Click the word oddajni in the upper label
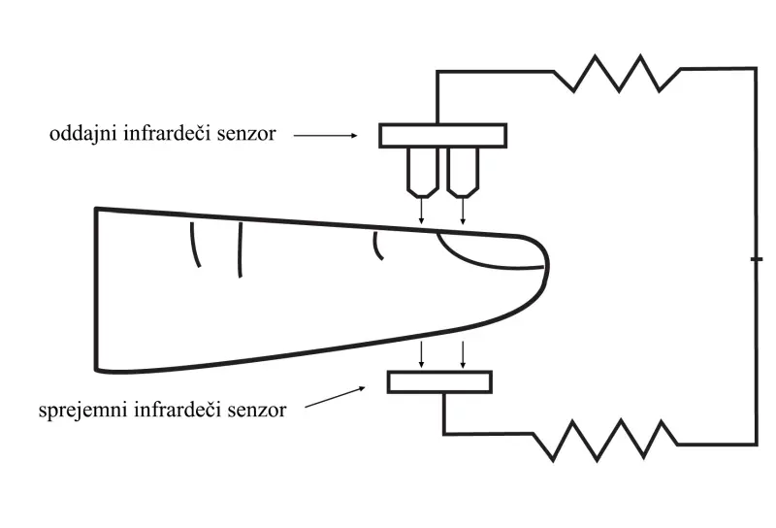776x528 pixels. coord(81,135)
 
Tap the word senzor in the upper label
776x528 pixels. coord(248,135)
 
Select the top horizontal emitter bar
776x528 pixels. coord(441,135)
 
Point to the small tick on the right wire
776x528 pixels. coord(756,260)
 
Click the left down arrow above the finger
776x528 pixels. coord(421,212)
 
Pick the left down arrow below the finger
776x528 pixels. coord(421,355)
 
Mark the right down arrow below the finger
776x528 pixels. coord(463,355)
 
